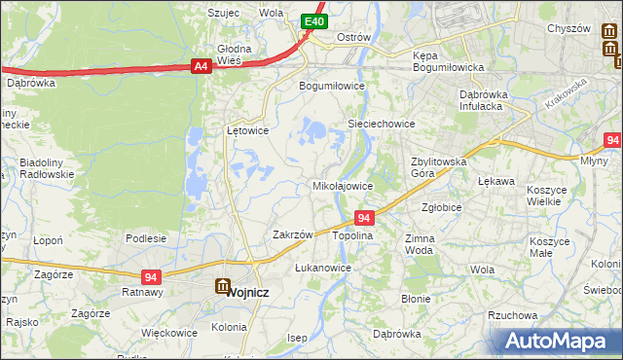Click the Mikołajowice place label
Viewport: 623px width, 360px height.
342,185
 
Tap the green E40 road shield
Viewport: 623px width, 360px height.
312,21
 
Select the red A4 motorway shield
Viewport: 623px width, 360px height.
201,66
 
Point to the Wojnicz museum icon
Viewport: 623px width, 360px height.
223,287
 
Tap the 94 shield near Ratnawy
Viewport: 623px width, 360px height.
150,277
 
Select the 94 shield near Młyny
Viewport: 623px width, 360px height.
611,140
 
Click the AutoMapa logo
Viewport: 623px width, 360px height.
559,341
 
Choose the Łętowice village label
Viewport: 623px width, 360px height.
247,129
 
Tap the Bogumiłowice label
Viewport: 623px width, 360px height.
331,86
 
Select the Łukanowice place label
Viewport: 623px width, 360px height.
322,267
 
